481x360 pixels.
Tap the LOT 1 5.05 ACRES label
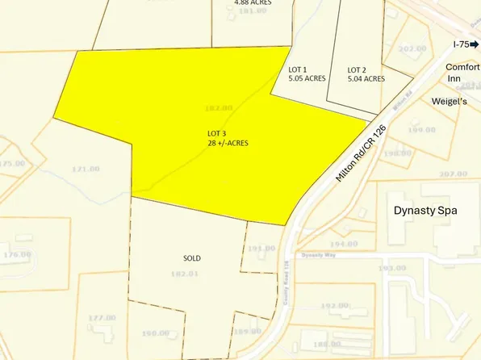coord(307,74)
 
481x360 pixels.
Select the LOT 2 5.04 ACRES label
coord(366,74)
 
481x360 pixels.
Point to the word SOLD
coord(191,258)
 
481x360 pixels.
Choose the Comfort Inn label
coord(462,74)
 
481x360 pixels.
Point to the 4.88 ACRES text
coord(253,3)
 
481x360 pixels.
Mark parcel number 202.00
coord(412,48)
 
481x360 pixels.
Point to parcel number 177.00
coord(102,318)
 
